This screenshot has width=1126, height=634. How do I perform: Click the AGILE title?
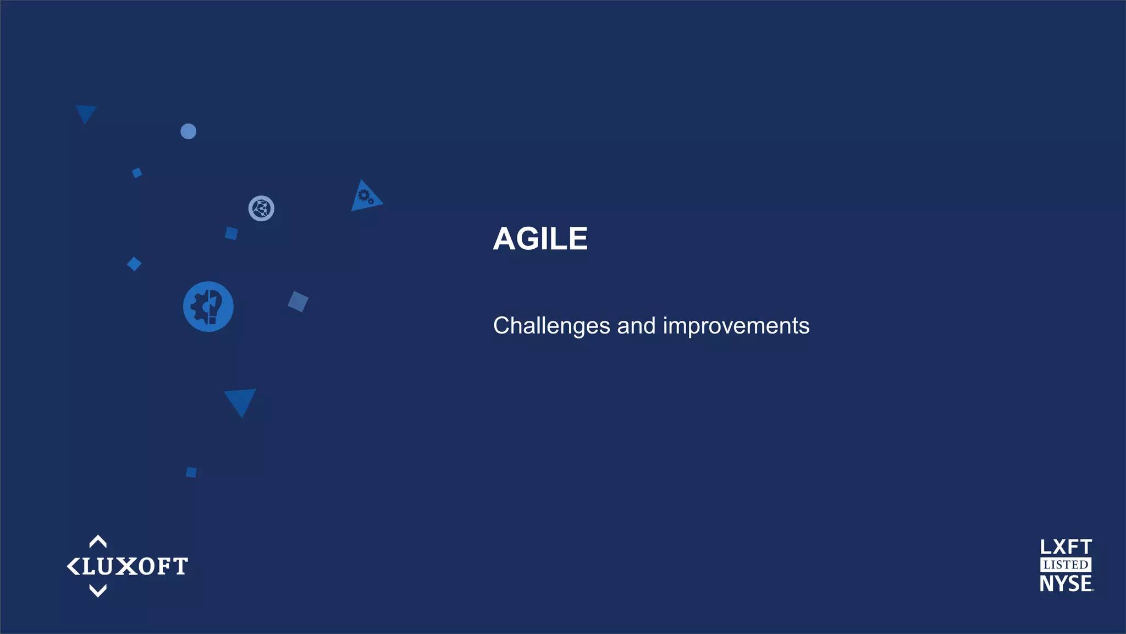(540, 239)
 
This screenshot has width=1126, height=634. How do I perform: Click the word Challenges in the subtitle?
(551, 326)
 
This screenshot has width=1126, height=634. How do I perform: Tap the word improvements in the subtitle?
(736, 326)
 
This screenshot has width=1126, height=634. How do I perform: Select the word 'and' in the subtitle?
(636, 326)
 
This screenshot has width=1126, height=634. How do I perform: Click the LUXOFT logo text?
(134, 566)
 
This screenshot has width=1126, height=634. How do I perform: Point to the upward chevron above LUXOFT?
(98, 542)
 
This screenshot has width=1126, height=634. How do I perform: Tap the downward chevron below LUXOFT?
(98, 591)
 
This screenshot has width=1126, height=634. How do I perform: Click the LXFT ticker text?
(1066, 547)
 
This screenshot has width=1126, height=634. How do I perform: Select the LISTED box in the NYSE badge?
(1066, 565)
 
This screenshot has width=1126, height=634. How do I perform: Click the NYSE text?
(1066, 583)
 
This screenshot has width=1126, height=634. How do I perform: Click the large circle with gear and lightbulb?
(208, 307)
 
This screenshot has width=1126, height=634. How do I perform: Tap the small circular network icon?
(261, 209)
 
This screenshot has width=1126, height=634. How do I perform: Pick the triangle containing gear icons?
(365, 197)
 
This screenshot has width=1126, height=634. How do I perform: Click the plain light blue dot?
(188, 132)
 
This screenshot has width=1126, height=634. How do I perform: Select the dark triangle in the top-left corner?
(86, 112)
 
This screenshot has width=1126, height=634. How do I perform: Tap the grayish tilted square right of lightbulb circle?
(298, 302)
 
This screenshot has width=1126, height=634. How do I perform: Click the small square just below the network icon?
(231, 233)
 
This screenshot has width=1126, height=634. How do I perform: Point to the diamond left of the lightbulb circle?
(134, 264)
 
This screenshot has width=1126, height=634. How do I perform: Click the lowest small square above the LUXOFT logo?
(191, 472)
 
